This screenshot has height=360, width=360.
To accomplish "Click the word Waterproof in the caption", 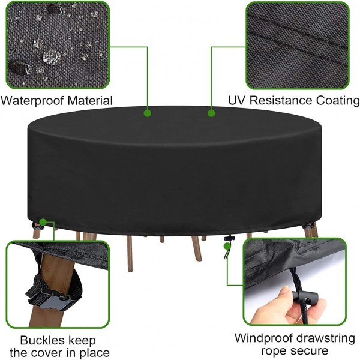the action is [x=32, y=101].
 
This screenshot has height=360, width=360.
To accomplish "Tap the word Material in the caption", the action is [x=90, y=100].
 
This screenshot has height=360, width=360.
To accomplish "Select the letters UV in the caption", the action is [x=236, y=100].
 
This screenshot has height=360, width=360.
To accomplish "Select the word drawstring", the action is [x=325, y=339].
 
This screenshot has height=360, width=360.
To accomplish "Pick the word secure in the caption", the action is [x=308, y=351].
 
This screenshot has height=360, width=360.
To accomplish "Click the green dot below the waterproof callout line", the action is [x=148, y=113].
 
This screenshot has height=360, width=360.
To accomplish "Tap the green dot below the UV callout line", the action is [x=211, y=113].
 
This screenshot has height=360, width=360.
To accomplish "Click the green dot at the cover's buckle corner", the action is [x=43, y=222].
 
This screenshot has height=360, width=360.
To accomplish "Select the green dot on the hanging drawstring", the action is [x=227, y=246].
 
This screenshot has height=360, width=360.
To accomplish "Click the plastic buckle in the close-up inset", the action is [x=49, y=299].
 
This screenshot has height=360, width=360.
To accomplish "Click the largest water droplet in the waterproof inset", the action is [x=52, y=56].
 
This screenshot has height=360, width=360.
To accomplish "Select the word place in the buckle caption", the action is [x=92, y=352].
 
